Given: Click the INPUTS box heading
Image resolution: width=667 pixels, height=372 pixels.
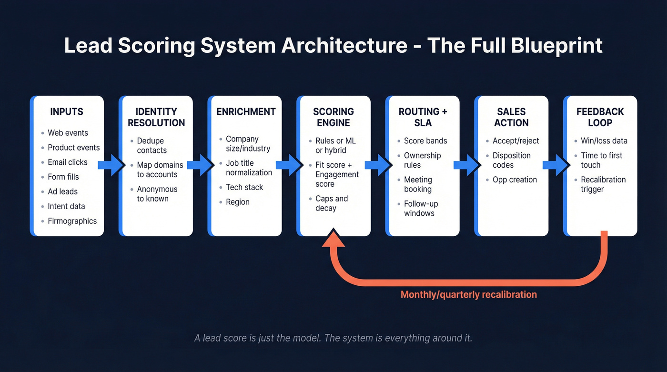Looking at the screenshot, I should point(67,112).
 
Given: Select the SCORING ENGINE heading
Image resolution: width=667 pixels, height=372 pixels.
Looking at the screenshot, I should point(333,117).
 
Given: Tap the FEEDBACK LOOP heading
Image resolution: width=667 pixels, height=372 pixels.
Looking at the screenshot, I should point(600,117).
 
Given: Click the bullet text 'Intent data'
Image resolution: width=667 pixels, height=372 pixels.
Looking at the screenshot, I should point(66,206).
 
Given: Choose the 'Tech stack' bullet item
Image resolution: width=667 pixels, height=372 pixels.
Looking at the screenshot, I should point(244,187).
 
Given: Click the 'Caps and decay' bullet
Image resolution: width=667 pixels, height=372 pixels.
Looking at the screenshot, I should point(332,203).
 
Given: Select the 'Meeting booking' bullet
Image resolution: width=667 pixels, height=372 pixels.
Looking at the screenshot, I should point(418,184).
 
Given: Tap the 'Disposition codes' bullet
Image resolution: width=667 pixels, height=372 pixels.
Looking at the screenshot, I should point(511,160).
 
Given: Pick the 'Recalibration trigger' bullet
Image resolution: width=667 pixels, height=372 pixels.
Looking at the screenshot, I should point(603,184).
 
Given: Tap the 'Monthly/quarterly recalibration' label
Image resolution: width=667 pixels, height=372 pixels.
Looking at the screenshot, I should point(469,294).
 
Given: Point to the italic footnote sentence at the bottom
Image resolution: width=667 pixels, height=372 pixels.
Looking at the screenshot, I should point(333,338).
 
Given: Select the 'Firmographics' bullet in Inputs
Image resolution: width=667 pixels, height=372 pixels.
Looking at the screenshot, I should point(72,221).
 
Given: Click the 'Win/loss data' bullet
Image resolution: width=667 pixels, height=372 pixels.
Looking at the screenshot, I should point(604,141).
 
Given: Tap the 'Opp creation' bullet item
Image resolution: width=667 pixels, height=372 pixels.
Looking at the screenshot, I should point(515,180).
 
